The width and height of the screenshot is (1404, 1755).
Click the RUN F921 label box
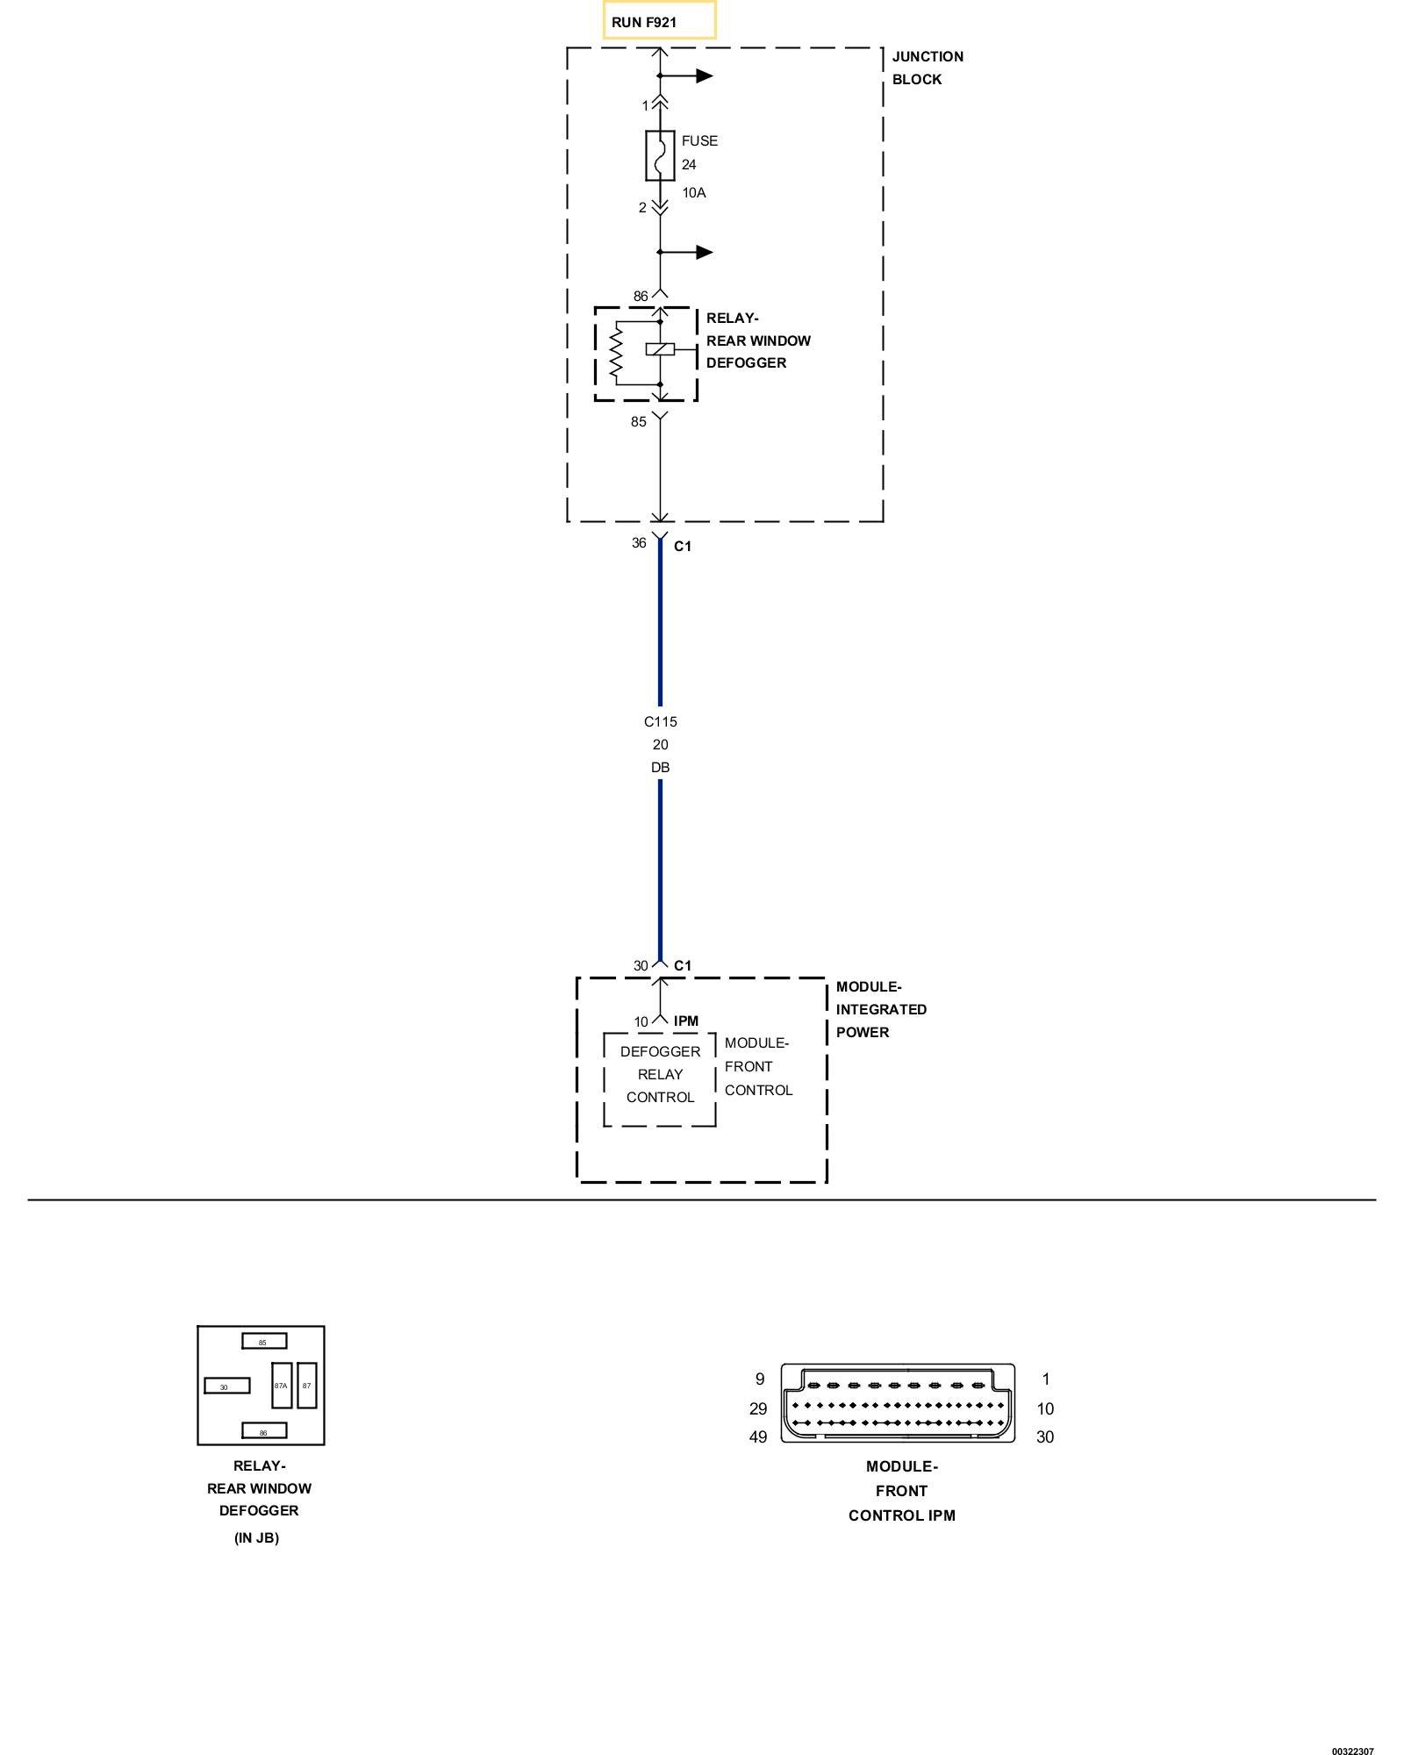tap(659, 20)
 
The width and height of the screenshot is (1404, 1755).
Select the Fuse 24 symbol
tap(660, 156)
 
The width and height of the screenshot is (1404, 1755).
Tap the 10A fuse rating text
tap(694, 193)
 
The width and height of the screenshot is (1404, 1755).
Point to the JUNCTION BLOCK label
tap(928, 68)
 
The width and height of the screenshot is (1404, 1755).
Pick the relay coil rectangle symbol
tap(660, 349)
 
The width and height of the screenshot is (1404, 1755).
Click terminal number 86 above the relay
tap(641, 297)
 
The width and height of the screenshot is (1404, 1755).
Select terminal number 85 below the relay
tap(639, 422)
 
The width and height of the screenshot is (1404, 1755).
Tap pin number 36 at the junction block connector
tap(639, 543)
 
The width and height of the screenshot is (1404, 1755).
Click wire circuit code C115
tap(661, 722)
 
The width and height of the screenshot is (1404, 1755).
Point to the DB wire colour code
tap(661, 768)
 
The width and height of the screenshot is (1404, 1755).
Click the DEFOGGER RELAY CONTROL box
tap(660, 1079)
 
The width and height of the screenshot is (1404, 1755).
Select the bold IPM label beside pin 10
tap(686, 1021)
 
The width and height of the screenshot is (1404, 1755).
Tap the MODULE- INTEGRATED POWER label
tap(881, 1010)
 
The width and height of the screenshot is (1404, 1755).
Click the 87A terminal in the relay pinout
tap(282, 1386)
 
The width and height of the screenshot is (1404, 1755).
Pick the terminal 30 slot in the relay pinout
tap(226, 1386)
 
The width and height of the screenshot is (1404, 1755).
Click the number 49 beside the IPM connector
tap(757, 1437)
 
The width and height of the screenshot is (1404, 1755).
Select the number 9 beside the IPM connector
tap(760, 1379)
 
